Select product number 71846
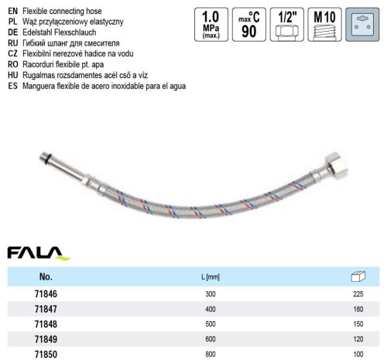pos(39,295)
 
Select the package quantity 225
pos(357,295)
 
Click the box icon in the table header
pos(357,276)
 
